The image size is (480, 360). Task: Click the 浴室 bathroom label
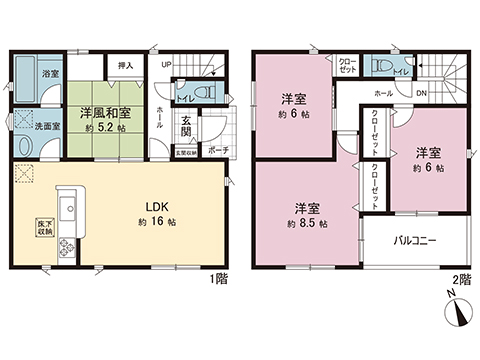coord(50,73)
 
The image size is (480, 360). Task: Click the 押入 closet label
coord(126,66)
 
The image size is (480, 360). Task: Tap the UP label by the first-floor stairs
coord(166,65)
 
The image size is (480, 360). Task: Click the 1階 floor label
coord(219,277)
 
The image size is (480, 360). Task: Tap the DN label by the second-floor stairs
coord(422,94)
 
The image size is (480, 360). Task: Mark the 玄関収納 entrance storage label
coord(186,152)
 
